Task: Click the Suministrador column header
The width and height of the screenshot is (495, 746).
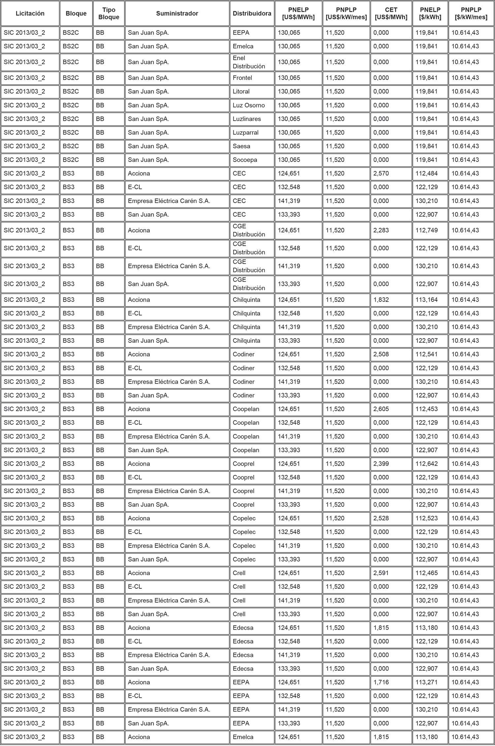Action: click(x=177, y=14)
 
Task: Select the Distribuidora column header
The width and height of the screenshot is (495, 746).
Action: click(x=252, y=14)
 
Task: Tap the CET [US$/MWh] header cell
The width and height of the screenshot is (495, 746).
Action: click(x=391, y=14)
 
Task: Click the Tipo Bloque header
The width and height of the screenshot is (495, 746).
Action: click(x=109, y=14)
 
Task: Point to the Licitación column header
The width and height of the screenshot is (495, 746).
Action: click(x=30, y=14)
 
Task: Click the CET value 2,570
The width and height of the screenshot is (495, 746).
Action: click(x=381, y=173)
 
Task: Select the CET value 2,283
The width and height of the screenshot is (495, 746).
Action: click(x=381, y=230)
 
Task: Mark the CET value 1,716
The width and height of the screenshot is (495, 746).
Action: click(x=381, y=682)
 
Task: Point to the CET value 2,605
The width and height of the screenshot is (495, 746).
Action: click(x=381, y=409)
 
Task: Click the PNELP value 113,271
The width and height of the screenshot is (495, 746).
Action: click(x=427, y=682)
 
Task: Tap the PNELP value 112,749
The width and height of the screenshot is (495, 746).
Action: click(x=427, y=230)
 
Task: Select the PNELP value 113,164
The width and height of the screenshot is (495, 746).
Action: click(x=427, y=300)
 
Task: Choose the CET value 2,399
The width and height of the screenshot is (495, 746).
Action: click(x=381, y=464)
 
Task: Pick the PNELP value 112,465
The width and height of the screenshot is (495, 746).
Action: click(x=427, y=573)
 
